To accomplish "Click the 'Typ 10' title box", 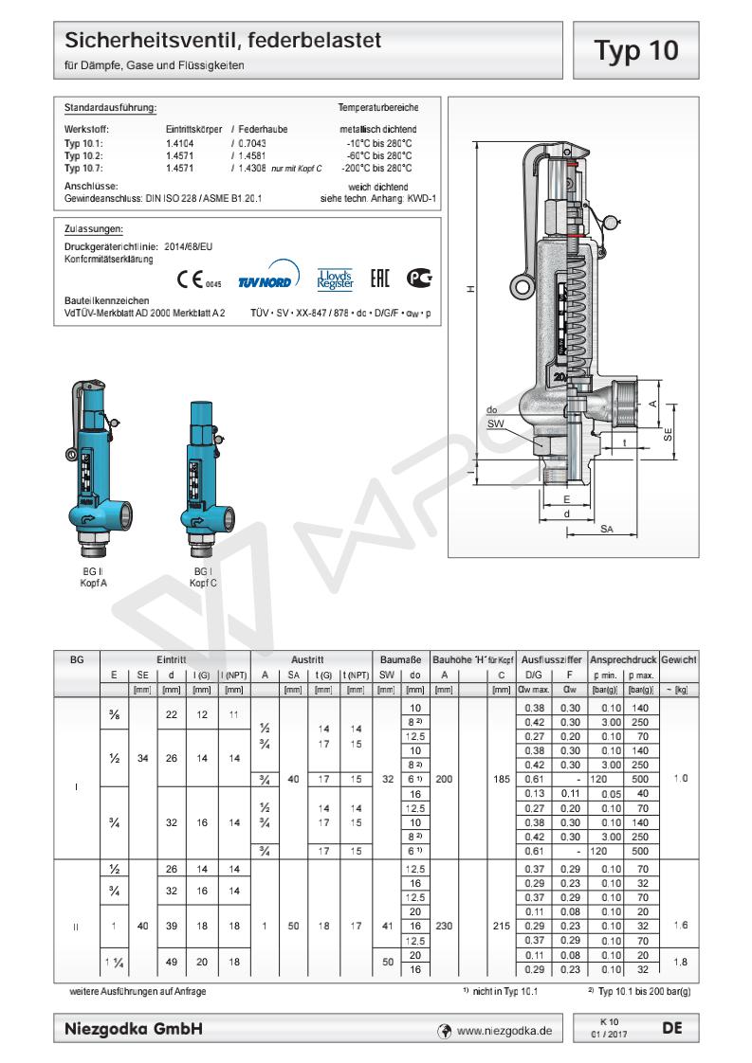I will (x=636, y=50).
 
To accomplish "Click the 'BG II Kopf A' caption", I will (x=93, y=577).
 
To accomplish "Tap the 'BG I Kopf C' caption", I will (x=203, y=577).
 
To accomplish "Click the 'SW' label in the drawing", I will (x=495, y=423).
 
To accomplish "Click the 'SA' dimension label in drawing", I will (x=606, y=530).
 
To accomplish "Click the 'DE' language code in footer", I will (x=672, y=1027).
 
